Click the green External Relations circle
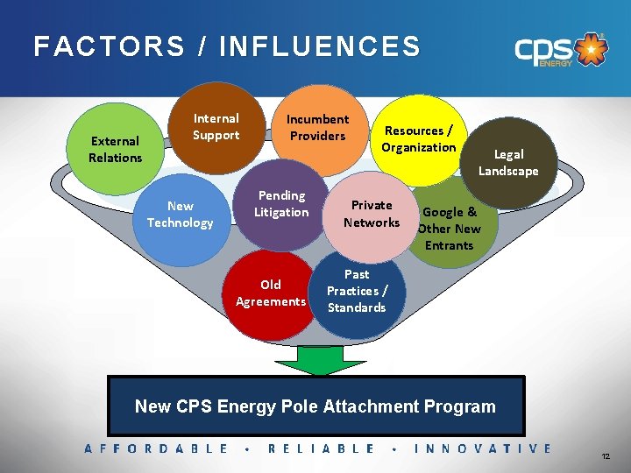[114, 149]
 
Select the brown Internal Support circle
[216, 127]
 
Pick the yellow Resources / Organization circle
[418, 138]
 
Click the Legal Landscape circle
[508, 163]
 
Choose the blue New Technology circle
[180, 215]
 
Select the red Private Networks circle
[372, 214]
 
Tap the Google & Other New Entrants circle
[450, 225]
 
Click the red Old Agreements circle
[271, 293]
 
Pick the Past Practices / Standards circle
[357, 292]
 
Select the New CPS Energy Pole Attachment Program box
[315, 406]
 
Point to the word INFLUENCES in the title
[321, 46]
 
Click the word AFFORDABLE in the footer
[157, 448]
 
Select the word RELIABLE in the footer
[321, 448]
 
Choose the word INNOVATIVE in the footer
[483, 448]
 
